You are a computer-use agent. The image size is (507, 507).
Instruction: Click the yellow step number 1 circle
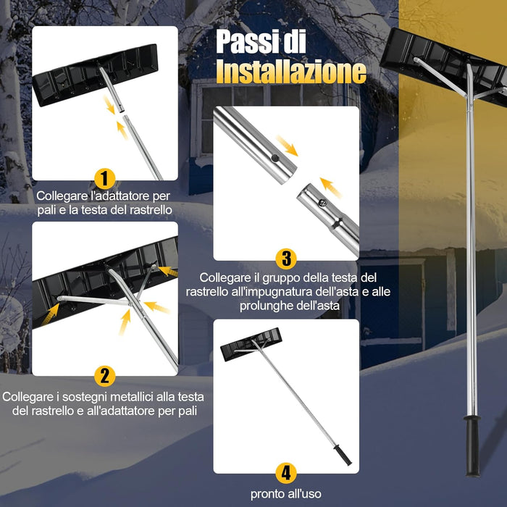click(104, 178)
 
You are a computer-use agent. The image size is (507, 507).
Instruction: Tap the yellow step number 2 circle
click(104, 376)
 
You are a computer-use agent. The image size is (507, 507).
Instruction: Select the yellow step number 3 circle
click(286, 259)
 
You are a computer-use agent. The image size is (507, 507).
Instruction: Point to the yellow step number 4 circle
click(286, 473)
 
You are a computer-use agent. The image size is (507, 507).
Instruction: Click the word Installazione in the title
click(291, 72)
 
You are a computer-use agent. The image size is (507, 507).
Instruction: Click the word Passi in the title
click(245, 41)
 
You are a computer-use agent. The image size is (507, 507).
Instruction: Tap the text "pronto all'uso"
click(286, 494)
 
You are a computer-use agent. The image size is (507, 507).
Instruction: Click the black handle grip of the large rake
click(472, 446)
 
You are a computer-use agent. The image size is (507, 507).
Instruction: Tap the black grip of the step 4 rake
click(343, 454)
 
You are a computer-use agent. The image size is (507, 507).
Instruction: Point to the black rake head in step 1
click(95, 75)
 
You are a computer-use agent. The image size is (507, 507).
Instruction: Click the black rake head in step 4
click(251, 344)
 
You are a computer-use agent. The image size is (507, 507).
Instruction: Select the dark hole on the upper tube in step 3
click(275, 158)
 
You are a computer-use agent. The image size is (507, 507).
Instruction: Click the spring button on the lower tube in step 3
click(322, 203)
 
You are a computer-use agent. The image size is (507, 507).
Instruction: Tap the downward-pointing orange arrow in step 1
click(109, 104)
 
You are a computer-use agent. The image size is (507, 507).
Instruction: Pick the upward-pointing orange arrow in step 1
click(122, 130)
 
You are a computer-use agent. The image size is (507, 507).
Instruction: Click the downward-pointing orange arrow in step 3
click(287, 146)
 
